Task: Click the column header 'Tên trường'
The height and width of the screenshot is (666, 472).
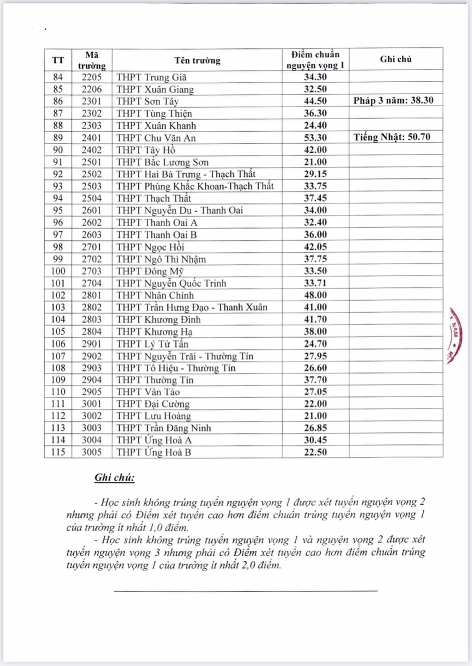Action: tap(197, 60)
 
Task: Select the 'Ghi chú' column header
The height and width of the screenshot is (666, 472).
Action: tap(396, 59)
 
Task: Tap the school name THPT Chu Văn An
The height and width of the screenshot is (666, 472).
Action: tap(156, 138)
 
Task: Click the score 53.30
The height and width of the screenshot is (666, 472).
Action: tap(315, 138)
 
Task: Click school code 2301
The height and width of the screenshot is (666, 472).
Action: tap(91, 101)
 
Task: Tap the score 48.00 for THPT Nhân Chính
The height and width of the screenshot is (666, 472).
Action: tap(315, 296)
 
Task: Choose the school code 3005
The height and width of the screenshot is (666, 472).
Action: tap(91, 452)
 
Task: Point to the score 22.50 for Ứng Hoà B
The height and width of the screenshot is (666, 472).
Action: tap(315, 452)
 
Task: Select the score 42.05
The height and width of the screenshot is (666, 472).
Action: tap(315, 247)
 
